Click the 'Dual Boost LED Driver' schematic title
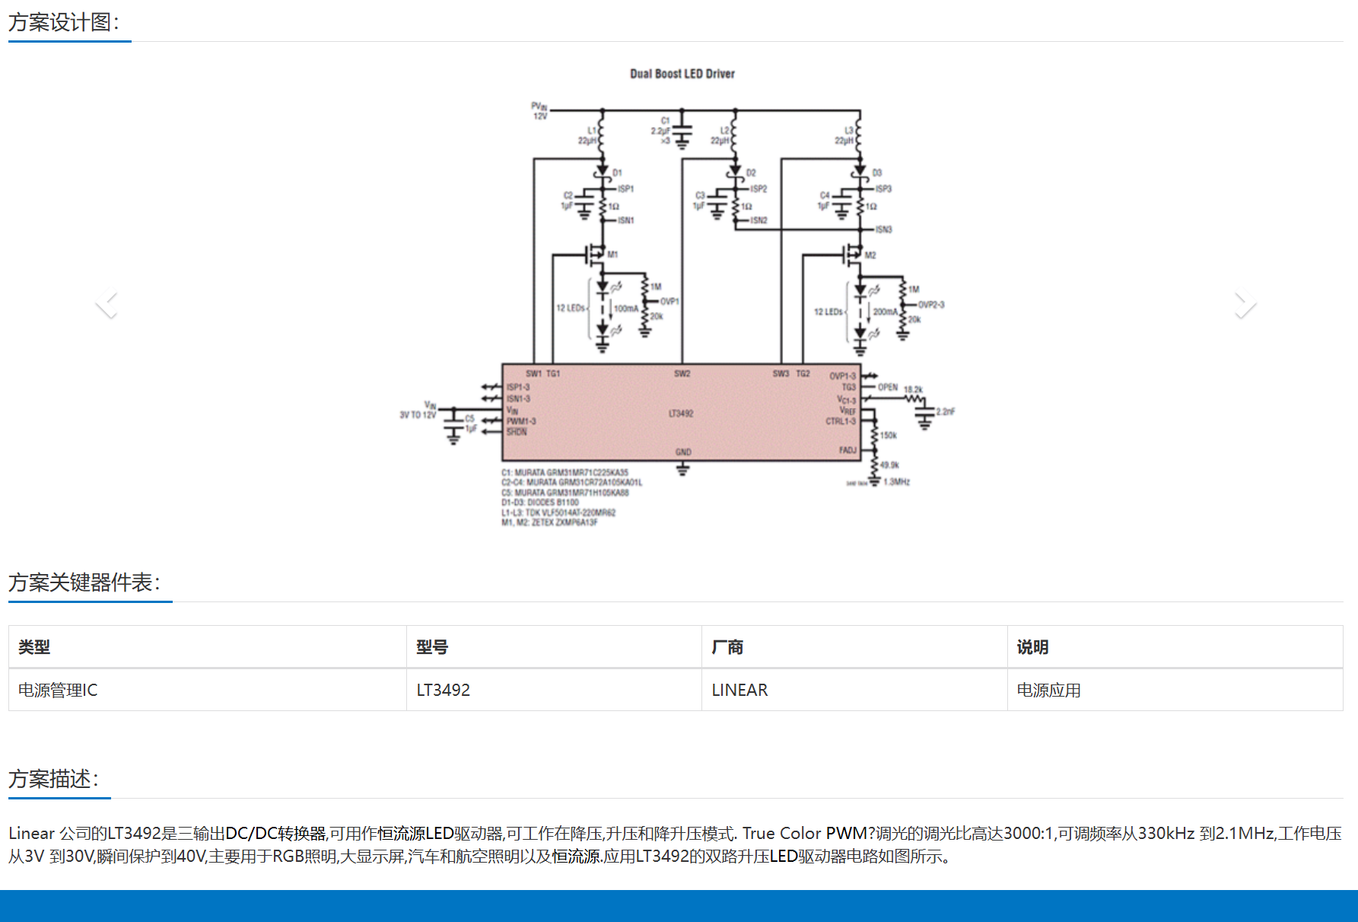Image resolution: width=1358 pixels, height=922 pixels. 682,74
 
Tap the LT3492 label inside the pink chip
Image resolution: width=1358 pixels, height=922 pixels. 681,413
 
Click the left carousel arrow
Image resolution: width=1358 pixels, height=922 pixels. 107,303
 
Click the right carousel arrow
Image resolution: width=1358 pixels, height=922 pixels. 1245,303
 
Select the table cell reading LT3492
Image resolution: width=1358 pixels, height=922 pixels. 443,690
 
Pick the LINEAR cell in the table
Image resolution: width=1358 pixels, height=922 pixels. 739,690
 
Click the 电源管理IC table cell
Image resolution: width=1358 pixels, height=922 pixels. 58,690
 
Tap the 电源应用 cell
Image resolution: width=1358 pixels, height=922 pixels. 1048,690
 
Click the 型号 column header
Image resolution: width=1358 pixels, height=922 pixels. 431,647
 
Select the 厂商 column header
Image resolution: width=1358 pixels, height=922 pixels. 727,647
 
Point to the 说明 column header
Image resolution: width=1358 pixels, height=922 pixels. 1032,647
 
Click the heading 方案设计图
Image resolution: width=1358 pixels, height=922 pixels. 64,22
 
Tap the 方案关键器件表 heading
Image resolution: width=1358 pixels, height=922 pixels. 84,582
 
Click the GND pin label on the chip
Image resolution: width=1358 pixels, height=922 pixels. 683,452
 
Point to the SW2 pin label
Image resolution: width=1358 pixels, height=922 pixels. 682,374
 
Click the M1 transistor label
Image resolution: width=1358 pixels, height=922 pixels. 612,254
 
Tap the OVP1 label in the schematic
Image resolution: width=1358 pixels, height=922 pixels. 669,301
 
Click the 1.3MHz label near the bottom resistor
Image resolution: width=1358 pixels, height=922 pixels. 897,482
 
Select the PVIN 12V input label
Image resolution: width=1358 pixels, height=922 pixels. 539,111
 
